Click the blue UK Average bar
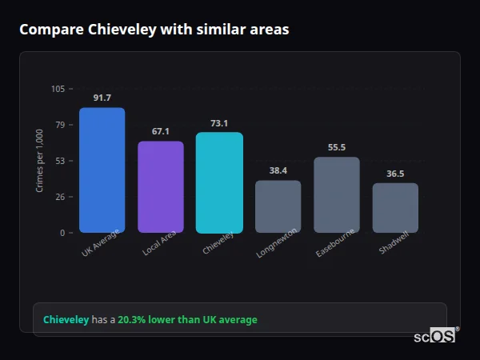click(x=102, y=170)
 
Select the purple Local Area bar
click(x=161, y=187)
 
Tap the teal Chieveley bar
click(x=219, y=182)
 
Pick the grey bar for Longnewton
click(x=278, y=206)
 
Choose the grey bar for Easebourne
click(x=337, y=194)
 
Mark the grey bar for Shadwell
click(x=395, y=208)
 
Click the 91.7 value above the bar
click(x=102, y=98)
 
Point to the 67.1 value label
click(x=161, y=131)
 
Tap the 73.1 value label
click(x=219, y=123)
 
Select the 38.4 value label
click(x=278, y=170)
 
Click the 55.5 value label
click(x=337, y=147)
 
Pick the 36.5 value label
click(x=395, y=174)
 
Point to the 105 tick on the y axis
click(x=58, y=89)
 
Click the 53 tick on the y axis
click(x=59, y=161)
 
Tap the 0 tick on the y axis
click(x=62, y=233)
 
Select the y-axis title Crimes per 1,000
click(x=39, y=160)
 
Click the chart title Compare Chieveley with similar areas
click(x=154, y=30)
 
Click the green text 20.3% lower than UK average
click(x=187, y=320)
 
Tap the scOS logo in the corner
click(x=435, y=336)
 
